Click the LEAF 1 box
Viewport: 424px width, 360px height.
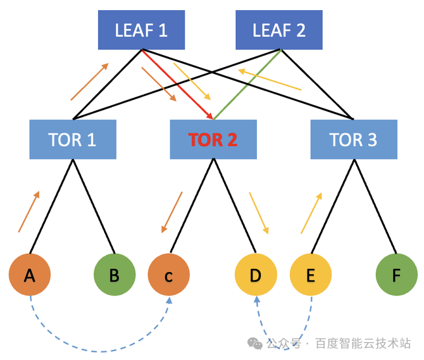tap(141, 30)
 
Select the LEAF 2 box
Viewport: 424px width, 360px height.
tap(279, 30)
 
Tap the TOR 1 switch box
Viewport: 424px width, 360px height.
tap(73, 139)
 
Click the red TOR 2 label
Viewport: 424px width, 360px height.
tap(213, 140)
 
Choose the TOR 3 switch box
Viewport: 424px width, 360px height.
tap(354, 139)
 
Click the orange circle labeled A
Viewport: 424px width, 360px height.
tap(30, 275)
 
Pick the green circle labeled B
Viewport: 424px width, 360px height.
tap(115, 275)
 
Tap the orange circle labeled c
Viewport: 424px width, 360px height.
tap(169, 275)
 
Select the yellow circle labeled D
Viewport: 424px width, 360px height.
tap(256, 275)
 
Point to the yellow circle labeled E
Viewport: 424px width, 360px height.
tap(311, 275)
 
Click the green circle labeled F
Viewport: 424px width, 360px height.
tap(396, 275)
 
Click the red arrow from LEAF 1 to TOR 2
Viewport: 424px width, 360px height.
tap(178, 84)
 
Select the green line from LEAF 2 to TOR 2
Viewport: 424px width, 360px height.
tap(247, 84)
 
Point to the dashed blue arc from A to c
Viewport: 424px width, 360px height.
tap(100, 351)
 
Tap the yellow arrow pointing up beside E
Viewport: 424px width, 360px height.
tap(311, 213)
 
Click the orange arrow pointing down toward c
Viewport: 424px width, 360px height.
tap(171, 213)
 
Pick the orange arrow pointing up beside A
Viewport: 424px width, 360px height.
tap(29, 211)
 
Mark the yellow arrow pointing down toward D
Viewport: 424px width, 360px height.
tap(259, 213)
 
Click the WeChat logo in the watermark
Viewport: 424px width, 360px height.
tap(255, 344)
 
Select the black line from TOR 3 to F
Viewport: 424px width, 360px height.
tap(375, 206)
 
